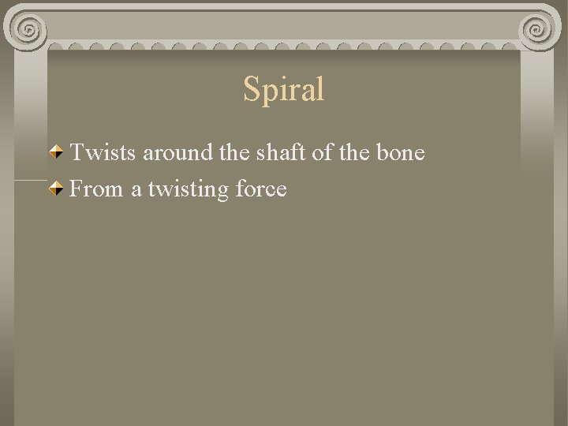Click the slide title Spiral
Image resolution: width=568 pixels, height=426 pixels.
(x=284, y=89)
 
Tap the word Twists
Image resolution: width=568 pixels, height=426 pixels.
(x=104, y=152)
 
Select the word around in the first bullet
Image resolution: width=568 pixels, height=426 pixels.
(x=178, y=152)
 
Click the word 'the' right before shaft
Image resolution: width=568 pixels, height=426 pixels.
(x=233, y=152)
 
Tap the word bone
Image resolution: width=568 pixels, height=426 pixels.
(x=400, y=152)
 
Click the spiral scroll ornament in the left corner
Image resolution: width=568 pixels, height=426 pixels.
(x=28, y=30)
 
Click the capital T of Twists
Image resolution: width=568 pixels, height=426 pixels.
(x=77, y=152)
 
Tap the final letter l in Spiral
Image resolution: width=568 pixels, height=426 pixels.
(x=320, y=89)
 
